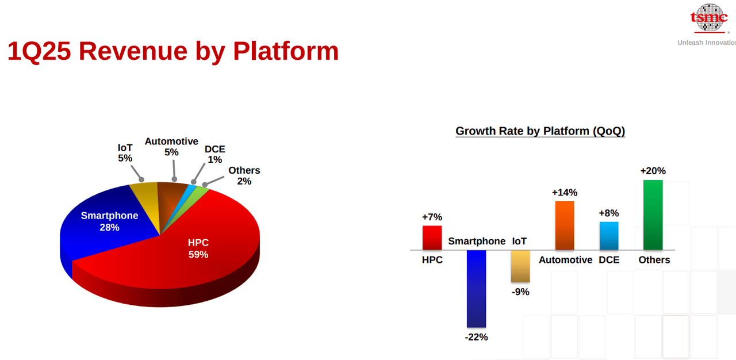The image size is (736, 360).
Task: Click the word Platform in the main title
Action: click(x=286, y=51)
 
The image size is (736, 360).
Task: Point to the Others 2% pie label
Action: click(x=244, y=176)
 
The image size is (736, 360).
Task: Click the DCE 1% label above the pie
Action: click(x=215, y=154)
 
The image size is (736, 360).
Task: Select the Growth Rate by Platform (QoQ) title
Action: click(x=540, y=131)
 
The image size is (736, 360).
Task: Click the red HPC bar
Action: click(x=432, y=238)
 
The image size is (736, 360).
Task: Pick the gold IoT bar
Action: click(x=520, y=266)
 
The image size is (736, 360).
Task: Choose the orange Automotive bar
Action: click(x=565, y=225)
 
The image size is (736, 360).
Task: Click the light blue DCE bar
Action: click(x=609, y=236)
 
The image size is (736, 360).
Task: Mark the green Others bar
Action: click(x=653, y=215)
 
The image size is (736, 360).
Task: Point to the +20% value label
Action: click(x=653, y=171)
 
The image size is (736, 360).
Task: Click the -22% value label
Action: click(x=476, y=338)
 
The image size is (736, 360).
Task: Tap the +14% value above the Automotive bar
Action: click(x=565, y=192)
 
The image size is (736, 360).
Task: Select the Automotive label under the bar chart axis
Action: click(x=565, y=260)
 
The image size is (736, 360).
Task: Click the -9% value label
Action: click(x=520, y=292)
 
